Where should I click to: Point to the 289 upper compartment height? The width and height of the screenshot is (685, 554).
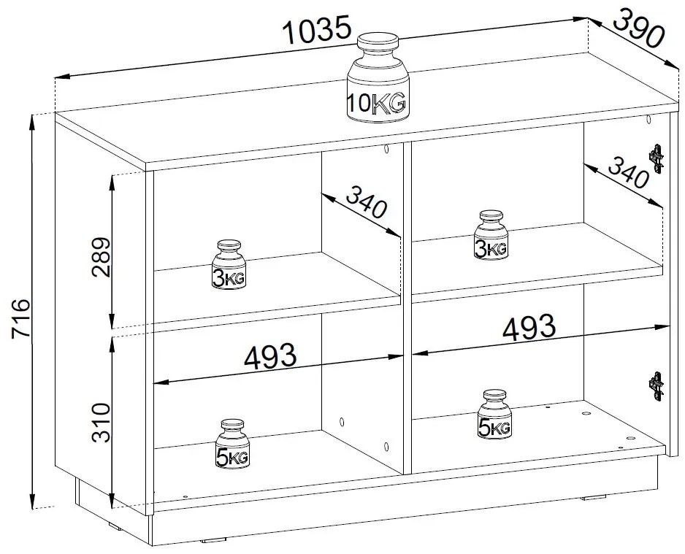(x=101, y=257)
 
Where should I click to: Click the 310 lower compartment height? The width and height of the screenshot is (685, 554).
(x=101, y=423)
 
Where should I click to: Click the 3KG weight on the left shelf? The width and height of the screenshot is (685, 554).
(x=229, y=264)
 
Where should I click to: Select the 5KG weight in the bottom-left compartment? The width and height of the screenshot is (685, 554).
(x=231, y=444)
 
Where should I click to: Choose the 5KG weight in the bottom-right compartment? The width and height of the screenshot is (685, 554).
(x=494, y=414)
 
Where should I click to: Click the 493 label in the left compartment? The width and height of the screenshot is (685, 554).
(x=270, y=355)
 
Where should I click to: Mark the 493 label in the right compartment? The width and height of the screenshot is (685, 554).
(x=529, y=326)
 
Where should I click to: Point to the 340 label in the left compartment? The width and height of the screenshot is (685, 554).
(x=367, y=201)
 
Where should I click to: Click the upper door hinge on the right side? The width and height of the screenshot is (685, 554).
(x=656, y=159)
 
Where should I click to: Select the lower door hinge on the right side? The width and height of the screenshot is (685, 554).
(x=656, y=386)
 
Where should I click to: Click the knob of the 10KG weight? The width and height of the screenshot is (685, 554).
(x=378, y=45)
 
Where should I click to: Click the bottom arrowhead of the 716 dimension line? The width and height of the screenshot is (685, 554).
(x=33, y=499)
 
